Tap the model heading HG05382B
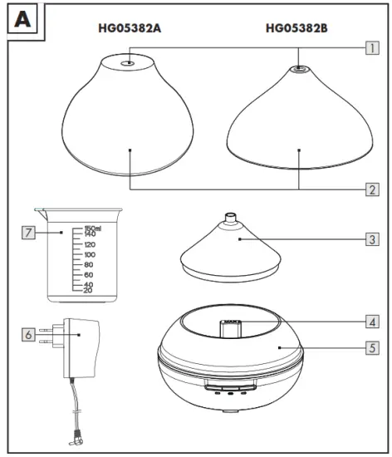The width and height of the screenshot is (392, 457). pyautogui.click(x=297, y=28)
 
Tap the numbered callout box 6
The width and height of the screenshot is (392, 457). pyautogui.click(x=29, y=335)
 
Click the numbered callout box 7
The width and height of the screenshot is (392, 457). pyautogui.click(x=29, y=233)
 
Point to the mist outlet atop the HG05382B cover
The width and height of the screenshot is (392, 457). pyautogui.click(x=300, y=73)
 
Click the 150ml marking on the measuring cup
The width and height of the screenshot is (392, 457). pyautogui.click(x=92, y=228)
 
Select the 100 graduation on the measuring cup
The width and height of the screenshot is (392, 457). pyautogui.click(x=89, y=255)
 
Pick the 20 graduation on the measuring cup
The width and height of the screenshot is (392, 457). pyautogui.click(x=87, y=290)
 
